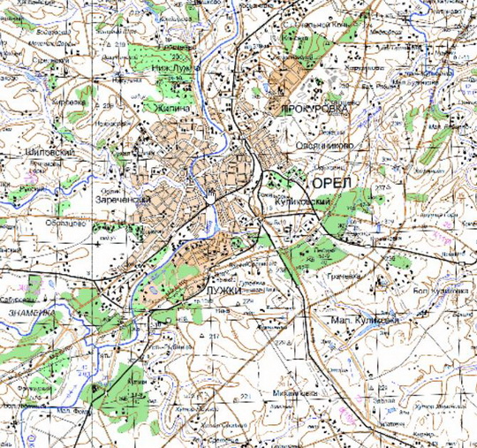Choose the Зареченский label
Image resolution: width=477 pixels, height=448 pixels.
(122, 201)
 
